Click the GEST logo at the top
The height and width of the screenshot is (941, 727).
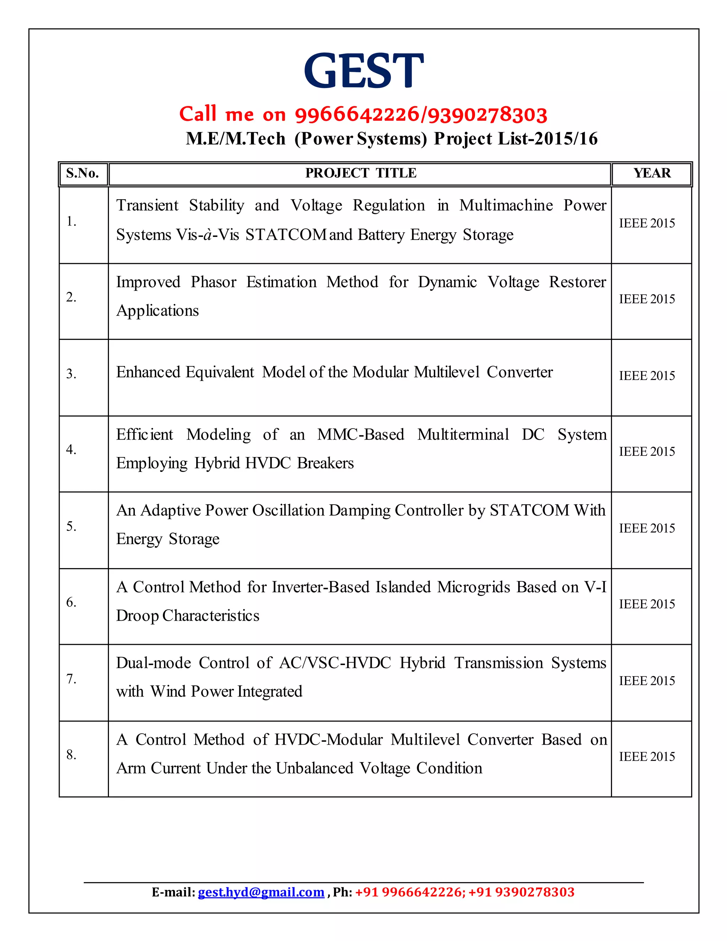(363, 71)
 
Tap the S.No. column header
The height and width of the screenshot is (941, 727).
(82, 173)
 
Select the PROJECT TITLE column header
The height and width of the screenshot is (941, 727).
(361, 173)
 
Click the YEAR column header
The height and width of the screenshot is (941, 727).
(652, 173)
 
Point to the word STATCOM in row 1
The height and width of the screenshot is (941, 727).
(285, 235)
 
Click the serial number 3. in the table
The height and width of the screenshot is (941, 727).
(71, 374)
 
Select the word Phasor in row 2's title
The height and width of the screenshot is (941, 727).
(213, 282)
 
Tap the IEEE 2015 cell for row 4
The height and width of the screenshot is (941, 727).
(646, 452)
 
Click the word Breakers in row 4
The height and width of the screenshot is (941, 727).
(325, 463)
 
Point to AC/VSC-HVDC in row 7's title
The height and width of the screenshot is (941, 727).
(335, 663)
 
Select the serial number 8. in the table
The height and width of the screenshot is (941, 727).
(71, 755)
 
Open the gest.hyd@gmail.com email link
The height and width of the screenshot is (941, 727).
(261, 892)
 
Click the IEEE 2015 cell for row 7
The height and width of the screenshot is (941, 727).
(646, 681)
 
